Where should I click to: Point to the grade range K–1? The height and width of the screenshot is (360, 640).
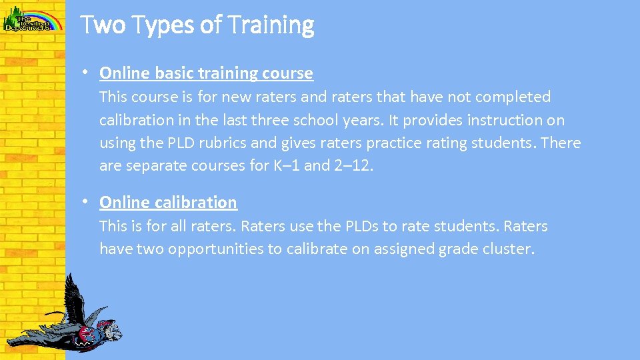tap(287, 166)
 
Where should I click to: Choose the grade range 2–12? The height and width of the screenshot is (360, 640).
tap(353, 166)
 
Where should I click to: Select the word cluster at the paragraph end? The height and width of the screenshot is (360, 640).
tap(509, 249)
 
